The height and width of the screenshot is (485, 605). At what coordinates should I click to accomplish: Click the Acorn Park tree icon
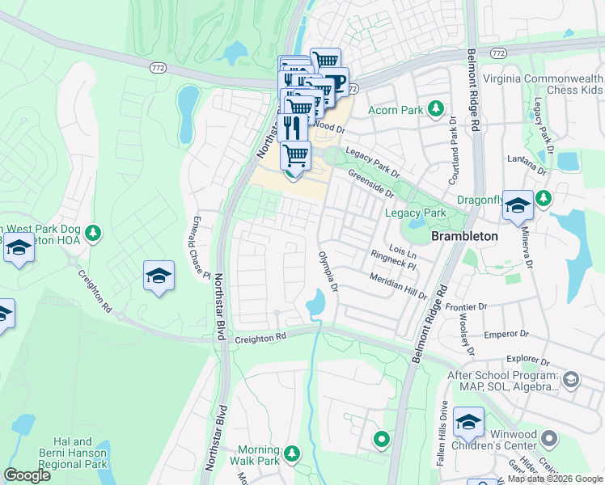[x=437, y=108]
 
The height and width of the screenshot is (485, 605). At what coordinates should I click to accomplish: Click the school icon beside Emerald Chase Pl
[x=159, y=276]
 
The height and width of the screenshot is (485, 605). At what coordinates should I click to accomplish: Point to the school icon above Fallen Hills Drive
[x=468, y=421]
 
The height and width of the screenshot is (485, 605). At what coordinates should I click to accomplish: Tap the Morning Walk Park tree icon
[x=292, y=453]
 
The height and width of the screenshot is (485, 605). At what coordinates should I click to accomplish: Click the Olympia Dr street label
[x=328, y=270]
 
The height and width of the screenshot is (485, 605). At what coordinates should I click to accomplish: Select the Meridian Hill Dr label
[x=398, y=285]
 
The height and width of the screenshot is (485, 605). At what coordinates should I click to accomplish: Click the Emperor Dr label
[x=506, y=333]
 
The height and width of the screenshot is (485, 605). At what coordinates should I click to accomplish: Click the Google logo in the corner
[x=27, y=475]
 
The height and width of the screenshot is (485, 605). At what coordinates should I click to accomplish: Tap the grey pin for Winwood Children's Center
[x=550, y=438]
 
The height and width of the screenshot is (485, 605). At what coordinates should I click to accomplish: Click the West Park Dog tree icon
[x=93, y=233]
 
